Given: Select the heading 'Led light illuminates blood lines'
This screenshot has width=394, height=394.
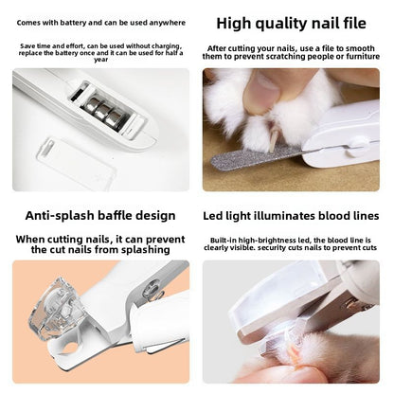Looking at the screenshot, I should point(292,216).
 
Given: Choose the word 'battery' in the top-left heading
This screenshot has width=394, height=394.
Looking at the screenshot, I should point(75,21).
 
